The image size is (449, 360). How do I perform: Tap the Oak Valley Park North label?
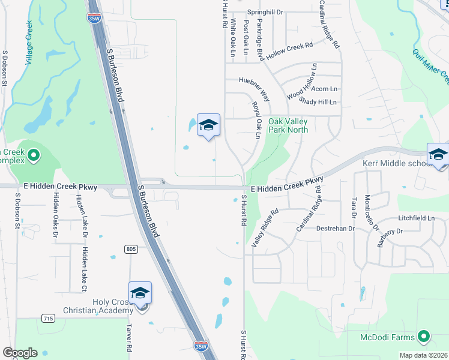[288, 125]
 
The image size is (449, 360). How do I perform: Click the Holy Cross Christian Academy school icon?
[140, 293]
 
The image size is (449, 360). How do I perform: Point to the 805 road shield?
[131, 249]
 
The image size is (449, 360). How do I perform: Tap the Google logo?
[20, 353]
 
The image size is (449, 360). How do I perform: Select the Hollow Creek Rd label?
[291, 49]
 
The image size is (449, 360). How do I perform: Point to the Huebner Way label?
[255, 88]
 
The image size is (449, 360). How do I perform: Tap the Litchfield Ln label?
[415, 218]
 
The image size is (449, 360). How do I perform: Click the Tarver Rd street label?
[129, 339]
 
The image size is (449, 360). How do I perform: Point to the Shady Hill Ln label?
[318, 103]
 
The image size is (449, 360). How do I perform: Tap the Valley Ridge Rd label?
[265, 227]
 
